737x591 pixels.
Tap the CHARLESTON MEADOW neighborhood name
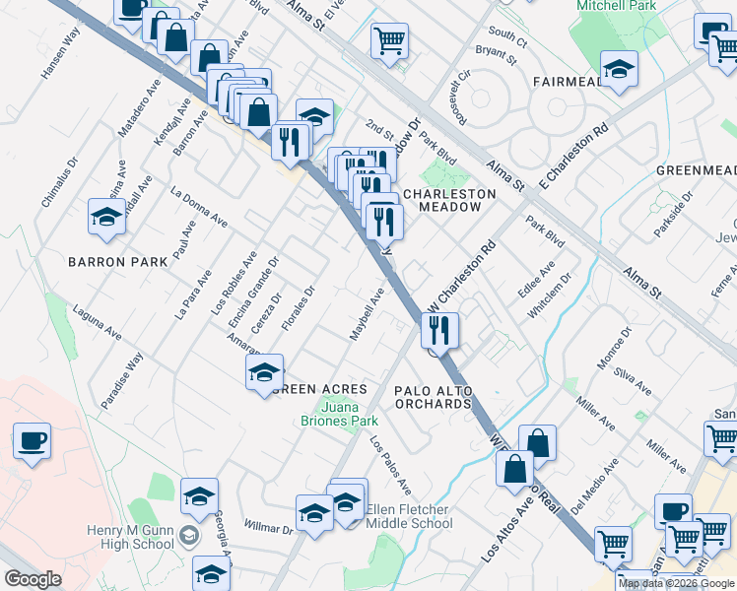[435, 201]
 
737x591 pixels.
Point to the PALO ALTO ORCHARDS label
[434, 397]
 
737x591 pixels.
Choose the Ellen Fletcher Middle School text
[409, 516]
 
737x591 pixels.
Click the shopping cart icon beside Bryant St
[389, 41]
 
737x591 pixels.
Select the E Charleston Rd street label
[573, 157]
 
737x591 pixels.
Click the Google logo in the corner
[33, 579]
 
